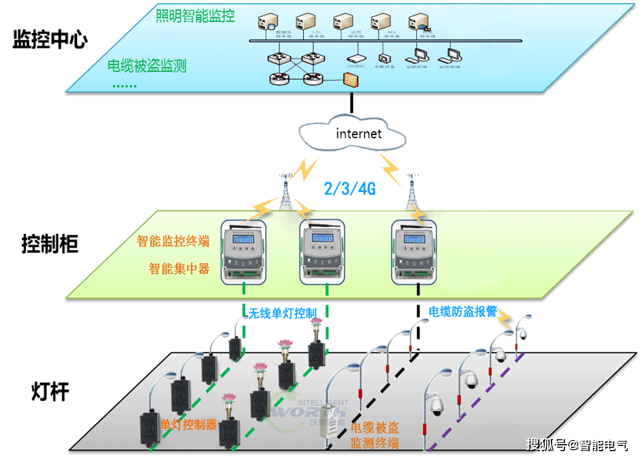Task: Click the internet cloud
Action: (353, 134)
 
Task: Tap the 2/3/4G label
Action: (349, 189)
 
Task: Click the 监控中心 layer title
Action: (50, 40)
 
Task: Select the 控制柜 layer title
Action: (50, 245)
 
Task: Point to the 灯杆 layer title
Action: (50, 391)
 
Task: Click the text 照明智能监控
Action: (195, 16)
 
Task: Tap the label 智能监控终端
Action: (173, 242)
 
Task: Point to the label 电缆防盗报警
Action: (462, 311)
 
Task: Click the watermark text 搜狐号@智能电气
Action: (577, 445)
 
